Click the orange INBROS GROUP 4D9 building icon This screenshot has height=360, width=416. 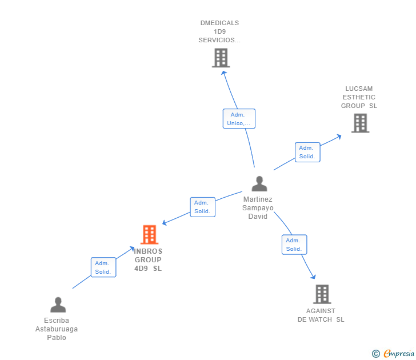point(149,234)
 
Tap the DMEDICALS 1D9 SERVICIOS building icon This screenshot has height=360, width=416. point(221,58)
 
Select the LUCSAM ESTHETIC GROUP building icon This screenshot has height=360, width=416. point(360,123)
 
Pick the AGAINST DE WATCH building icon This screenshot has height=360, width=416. point(322,294)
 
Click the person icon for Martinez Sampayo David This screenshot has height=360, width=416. point(259,184)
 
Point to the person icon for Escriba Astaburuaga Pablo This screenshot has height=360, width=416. point(58,305)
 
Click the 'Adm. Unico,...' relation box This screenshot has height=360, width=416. point(239,119)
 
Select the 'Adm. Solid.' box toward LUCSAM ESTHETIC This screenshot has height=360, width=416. point(307,152)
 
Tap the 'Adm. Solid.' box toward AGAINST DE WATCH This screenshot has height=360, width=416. point(294,245)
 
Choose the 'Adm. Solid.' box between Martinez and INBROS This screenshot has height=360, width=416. point(202,207)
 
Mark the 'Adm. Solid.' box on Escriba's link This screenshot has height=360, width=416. point(103,267)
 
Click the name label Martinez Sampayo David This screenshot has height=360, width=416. point(258,208)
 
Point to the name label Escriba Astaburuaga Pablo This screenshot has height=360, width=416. point(57,329)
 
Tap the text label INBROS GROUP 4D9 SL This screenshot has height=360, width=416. point(148,260)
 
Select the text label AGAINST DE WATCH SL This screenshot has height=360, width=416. point(321,315)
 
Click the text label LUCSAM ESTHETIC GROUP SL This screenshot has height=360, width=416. point(359,97)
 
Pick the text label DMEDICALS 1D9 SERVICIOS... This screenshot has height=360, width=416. point(219,32)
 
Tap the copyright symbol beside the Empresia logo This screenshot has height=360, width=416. point(375,354)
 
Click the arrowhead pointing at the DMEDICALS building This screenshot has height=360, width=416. point(223,72)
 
